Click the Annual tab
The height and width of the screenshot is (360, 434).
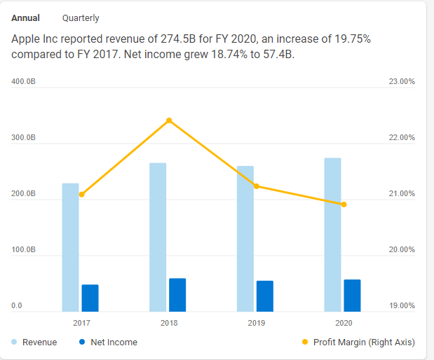point(25,18)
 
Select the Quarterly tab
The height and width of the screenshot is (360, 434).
point(81,18)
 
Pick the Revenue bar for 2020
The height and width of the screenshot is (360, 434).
point(332,235)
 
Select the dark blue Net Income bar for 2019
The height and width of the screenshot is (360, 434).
point(264,296)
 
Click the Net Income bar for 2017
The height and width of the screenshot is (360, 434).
point(90,298)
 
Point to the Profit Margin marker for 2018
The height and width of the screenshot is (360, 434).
point(169,120)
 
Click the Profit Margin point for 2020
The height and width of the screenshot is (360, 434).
point(344,205)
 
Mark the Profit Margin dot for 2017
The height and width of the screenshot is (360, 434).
point(81,195)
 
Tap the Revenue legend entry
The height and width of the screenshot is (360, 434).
point(34,342)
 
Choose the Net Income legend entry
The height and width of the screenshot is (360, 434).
point(108,342)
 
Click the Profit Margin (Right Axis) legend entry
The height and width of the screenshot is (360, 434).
point(358,342)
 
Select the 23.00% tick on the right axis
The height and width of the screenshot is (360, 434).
point(401,82)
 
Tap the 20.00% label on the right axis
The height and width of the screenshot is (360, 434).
point(401,250)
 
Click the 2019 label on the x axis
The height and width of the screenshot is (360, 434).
point(256,323)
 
